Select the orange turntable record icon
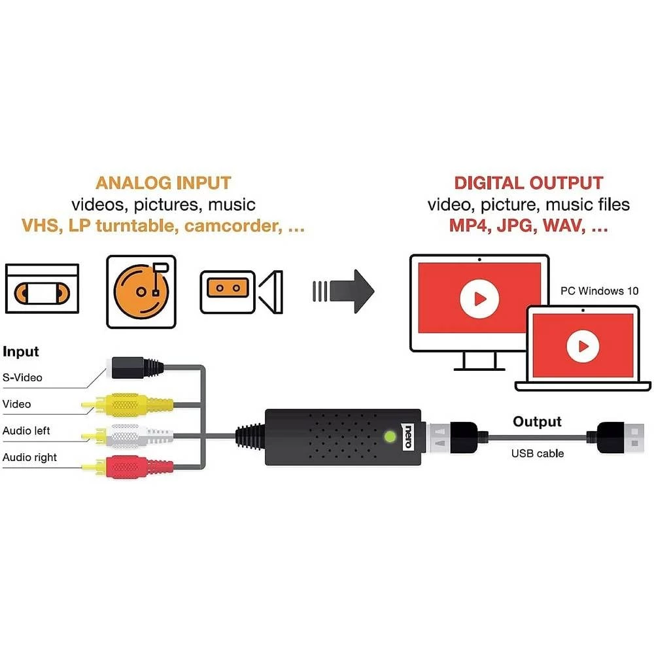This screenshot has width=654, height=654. [x=141, y=291]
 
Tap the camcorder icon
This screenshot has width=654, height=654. [x=241, y=288]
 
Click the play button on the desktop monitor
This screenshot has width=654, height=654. [x=479, y=299]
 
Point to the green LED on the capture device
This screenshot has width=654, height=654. [x=390, y=436]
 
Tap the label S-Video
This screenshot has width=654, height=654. [x=22, y=377]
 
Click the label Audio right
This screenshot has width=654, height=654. [x=29, y=457]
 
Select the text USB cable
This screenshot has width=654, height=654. [x=537, y=453]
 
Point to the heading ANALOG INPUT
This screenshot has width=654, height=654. [x=163, y=182]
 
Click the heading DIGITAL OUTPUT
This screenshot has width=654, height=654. [x=528, y=183]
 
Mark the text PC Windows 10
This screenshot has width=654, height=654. [x=599, y=291]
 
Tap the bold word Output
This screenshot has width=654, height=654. [x=537, y=422]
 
